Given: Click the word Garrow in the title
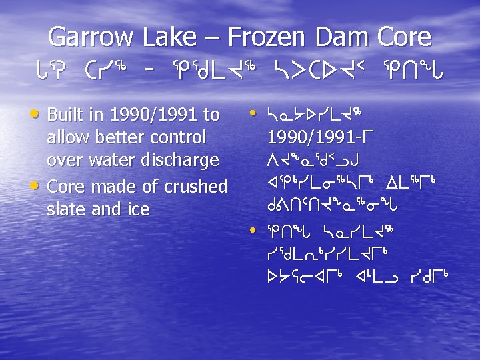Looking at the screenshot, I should click(91, 37).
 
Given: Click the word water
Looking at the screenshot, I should click(114, 161).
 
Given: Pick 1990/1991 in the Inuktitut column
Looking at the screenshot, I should click(311, 138).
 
